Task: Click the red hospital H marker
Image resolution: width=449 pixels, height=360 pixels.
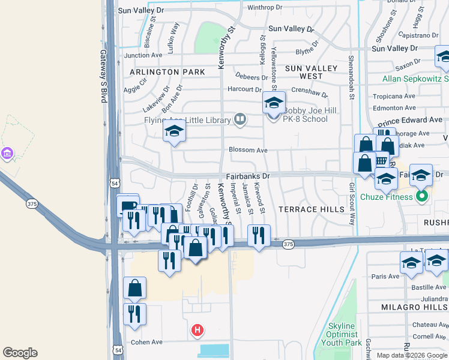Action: pyautogui.click(x=197, y=330)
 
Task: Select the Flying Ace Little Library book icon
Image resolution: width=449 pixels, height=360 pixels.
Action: pyautogui.click(x=240, y=119)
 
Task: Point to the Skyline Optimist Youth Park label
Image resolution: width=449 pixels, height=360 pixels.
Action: pyautogui.click(x=343, y=334)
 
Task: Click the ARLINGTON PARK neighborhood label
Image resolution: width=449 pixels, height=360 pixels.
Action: pyautogui.click(x=167, y=72)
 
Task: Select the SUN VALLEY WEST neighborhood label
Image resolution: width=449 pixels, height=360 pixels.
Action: pyautogui.click(x=312, y=73)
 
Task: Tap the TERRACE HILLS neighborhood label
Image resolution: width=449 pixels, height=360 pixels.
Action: pyautogui.click(x=312, y=209)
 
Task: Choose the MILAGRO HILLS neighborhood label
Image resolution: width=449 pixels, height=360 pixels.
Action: pyautogui.click(x=414, y=307)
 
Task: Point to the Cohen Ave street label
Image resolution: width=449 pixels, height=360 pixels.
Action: pyautogui.click(x=148, y=342)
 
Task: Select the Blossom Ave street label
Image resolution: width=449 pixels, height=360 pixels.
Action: pyautogui.click(x=247, y=150)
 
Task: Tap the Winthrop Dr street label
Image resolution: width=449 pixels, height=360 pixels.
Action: pyautogui.click(x=265, y=7)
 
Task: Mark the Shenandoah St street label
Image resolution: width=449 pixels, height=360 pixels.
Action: pyautogui.click(x=351, y=78)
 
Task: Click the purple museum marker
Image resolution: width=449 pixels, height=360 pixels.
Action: pyautogui.click(x=7, y=154)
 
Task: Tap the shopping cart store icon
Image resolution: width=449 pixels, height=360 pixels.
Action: pyautogui.click(x=381, y=160)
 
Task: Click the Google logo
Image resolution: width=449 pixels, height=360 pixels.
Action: pyautogui.click(x=20, y=353)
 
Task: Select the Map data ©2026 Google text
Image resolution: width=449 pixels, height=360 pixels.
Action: pyautogui.click(x=411, y=355)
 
